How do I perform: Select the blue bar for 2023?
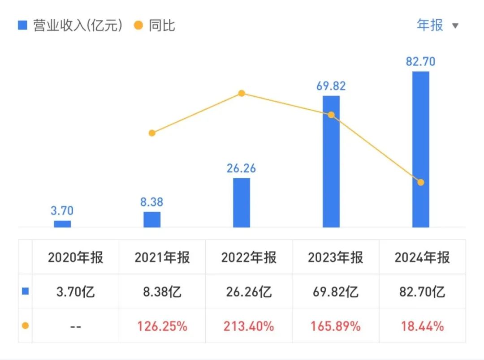tap(331, 161)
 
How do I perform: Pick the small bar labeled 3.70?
tap(62, 223)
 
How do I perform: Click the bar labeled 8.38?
tap(152, 219)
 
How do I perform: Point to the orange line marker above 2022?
tap(242, 93)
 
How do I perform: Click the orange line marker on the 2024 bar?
tap(420, 182)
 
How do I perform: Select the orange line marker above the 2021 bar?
tap(152, 133)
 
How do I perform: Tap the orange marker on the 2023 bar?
tap(331, 115)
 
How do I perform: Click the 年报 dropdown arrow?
tap(455, 26)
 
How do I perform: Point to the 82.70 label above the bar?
tap(420, 61)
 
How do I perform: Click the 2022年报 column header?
tap(249, 257)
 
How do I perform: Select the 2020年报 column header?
tap(75, 257)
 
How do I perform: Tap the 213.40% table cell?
tap(249, 326)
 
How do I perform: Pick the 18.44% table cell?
tap(422, 326)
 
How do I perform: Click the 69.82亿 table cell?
tap(335, 292)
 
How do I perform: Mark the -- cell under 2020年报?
tap(75, 326)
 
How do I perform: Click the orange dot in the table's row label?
tap(25, 326)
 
